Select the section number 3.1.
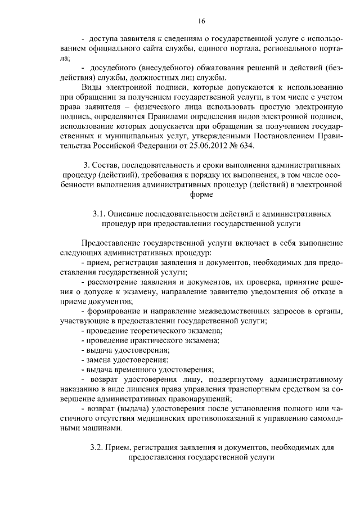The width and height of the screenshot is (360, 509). click(x=98, y=214)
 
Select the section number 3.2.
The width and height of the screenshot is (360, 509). click(x=97, y=448)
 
